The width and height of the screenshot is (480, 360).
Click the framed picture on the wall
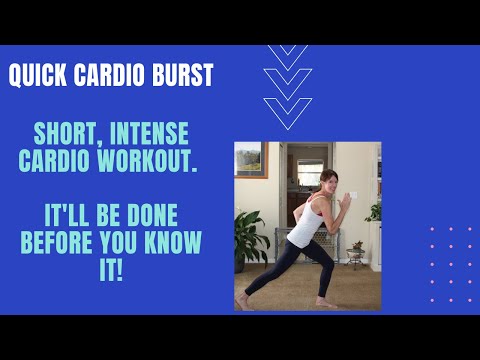[x=249, y=160]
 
